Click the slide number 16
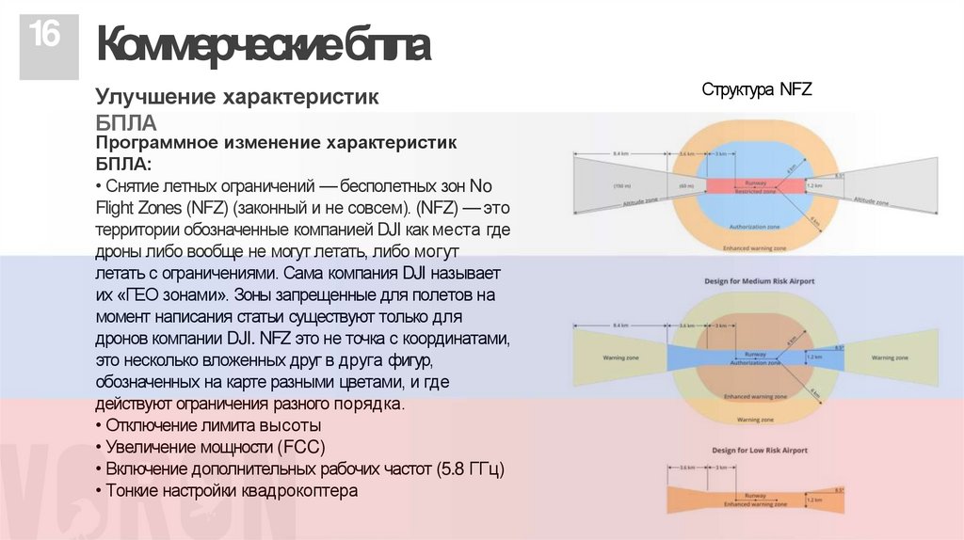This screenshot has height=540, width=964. click(x=44, y=36)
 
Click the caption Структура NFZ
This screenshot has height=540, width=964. click(x=756, y=89)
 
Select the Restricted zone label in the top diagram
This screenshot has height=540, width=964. click(x=755, y=191)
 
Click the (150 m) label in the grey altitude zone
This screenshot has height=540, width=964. click(x=622, y=185)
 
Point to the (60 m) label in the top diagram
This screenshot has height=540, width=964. click(x=688, y=185)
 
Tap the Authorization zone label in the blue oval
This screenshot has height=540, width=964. click(x=755, y=229)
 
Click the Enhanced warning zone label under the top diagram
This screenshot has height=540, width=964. click(x=754, y=248)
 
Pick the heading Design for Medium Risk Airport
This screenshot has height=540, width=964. click(x=759, y=281)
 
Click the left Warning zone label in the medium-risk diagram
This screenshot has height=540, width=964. click(x=621, y=357)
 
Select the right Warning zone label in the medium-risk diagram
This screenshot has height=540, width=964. click(x=890, y=357)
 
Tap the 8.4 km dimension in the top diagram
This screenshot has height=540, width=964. click(x=620, y=152)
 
